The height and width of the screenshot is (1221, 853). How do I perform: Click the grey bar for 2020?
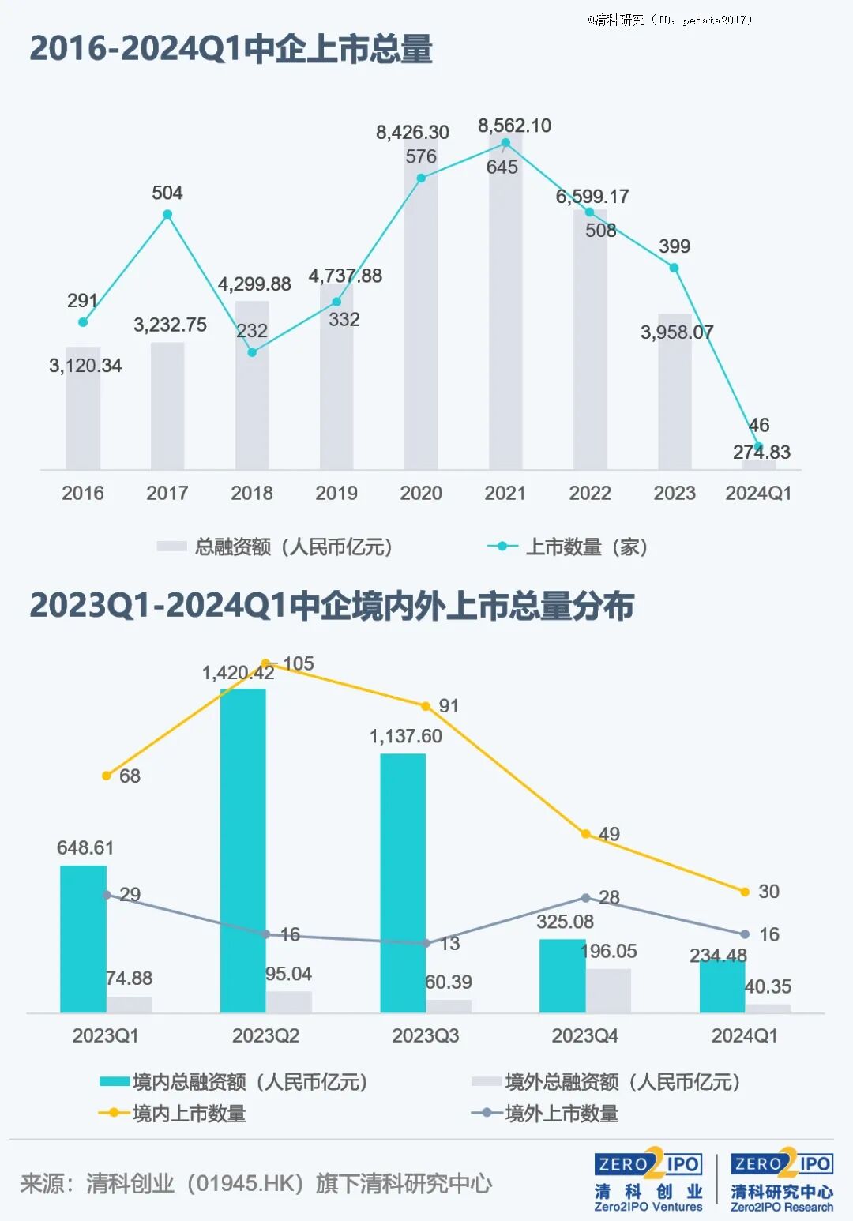(x=421, y=316)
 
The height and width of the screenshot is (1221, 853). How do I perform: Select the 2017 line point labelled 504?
(x=167, y=215)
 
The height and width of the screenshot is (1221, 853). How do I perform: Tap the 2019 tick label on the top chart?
(x=336, y=493)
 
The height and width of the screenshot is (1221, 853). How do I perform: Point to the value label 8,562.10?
(x=514, y=126)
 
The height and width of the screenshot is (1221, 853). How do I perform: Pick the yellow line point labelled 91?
(x=426, y=706)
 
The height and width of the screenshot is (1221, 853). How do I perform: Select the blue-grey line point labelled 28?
(x=585, y=898)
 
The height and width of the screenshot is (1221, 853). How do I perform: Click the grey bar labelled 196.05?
(x=608, y=990)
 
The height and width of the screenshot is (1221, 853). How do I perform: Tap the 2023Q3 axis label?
(x=425, y=1035)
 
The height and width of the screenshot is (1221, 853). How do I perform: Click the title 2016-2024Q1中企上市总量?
(x=231, y=49)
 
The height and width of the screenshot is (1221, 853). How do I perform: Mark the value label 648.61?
(x=85, y=847)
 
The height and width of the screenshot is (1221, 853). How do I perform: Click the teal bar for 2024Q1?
(x=722, y=986)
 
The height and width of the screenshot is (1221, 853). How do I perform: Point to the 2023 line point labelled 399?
(x=674, y=269)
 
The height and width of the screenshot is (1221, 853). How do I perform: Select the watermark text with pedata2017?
(x=670, y=20)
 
